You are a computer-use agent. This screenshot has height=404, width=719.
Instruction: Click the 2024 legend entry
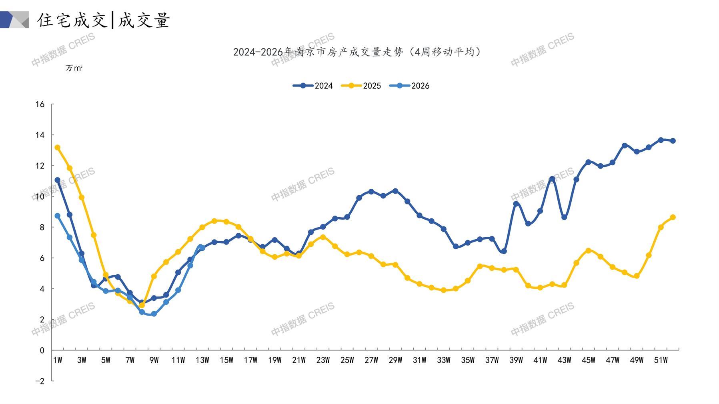[313, 86]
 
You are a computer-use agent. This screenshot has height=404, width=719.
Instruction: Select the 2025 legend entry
[361, 86]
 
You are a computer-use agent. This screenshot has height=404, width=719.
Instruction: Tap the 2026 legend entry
[409, 86]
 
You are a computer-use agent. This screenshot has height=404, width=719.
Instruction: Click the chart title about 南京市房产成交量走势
[357, 52]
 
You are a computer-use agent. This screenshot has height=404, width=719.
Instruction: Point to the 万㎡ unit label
[74, 68]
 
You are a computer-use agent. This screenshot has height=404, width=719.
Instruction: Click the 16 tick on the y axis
[40, 104]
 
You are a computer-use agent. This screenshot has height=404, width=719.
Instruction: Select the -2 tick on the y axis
[40, 381]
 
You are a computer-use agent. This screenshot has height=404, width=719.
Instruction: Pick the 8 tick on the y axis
[42, 227]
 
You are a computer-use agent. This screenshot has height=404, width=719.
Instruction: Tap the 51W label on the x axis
[661, 360]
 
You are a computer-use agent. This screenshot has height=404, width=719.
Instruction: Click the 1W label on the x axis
[58, 360]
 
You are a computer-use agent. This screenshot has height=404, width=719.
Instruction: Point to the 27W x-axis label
[371, 360]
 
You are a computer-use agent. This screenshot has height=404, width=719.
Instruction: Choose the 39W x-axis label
[516, 360]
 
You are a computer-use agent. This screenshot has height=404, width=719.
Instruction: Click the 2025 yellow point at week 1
[58, 148]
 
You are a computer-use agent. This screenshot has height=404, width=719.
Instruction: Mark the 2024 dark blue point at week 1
[58, 180]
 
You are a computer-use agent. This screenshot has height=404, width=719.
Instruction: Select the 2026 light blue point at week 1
[58, 216]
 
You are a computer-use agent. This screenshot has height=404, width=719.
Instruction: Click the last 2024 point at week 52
[673, 141]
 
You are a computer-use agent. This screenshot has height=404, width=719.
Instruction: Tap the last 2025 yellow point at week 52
[673, 217]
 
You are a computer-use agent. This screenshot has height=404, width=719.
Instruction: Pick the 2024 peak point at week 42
[552, 179]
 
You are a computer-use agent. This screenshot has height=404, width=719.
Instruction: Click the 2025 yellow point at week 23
[323, 237]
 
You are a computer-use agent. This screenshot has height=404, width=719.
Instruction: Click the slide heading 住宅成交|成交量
[104, 20]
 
